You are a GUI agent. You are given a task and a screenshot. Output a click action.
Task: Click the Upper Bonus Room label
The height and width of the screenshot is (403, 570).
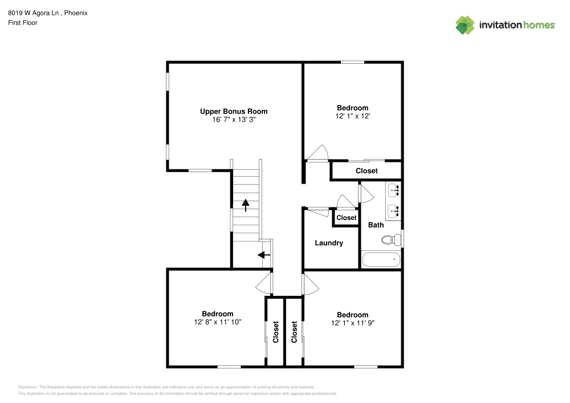234,111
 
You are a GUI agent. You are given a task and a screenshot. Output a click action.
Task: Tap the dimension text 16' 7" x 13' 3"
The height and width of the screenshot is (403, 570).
234,120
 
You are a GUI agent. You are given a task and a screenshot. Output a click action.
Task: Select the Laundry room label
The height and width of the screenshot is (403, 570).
329,243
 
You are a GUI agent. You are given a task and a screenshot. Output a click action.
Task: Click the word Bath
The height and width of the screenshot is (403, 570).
376,225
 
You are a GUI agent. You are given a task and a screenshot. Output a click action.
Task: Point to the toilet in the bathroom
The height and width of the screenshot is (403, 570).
391,239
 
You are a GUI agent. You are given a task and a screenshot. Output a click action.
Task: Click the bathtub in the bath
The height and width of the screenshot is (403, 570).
381,260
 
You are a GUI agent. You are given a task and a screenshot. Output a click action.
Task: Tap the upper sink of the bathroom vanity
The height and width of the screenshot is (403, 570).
394,190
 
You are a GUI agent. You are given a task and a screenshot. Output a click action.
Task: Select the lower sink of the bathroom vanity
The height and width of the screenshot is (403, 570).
394,211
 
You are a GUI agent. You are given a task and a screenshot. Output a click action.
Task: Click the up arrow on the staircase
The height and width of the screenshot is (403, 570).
246,205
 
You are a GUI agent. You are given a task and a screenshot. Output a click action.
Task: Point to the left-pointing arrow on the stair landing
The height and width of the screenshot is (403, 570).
264,255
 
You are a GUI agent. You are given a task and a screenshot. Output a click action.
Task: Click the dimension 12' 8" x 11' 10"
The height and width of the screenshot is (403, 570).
217,322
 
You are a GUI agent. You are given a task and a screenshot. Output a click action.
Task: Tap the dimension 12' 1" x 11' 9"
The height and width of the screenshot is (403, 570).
353,323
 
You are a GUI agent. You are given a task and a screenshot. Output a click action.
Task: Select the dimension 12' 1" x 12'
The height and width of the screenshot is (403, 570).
353,116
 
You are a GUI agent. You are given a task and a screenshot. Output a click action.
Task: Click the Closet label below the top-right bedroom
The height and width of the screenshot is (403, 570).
367,171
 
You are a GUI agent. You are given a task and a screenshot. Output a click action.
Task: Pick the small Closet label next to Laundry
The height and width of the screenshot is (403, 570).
346,218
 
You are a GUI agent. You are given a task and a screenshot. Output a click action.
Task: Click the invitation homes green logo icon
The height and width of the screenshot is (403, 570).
465,25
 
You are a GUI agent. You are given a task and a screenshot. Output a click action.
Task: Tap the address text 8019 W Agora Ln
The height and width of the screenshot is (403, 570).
34,13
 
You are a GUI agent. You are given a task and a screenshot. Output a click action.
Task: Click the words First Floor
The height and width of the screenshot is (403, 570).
23,23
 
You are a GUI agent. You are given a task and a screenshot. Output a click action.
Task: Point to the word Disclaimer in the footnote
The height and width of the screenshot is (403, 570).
27,387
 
